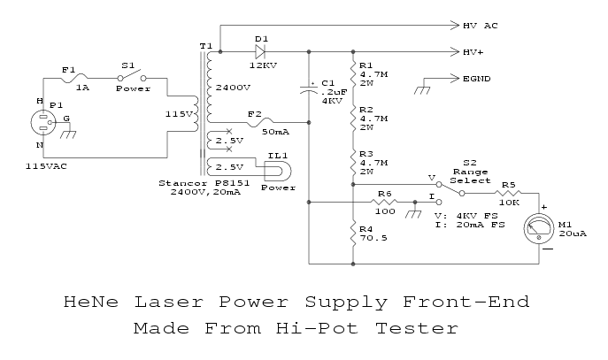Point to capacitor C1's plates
coord(309,88)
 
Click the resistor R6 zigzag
coord(383,203)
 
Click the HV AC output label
coord(481,26)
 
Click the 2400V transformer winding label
coord(231,87)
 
